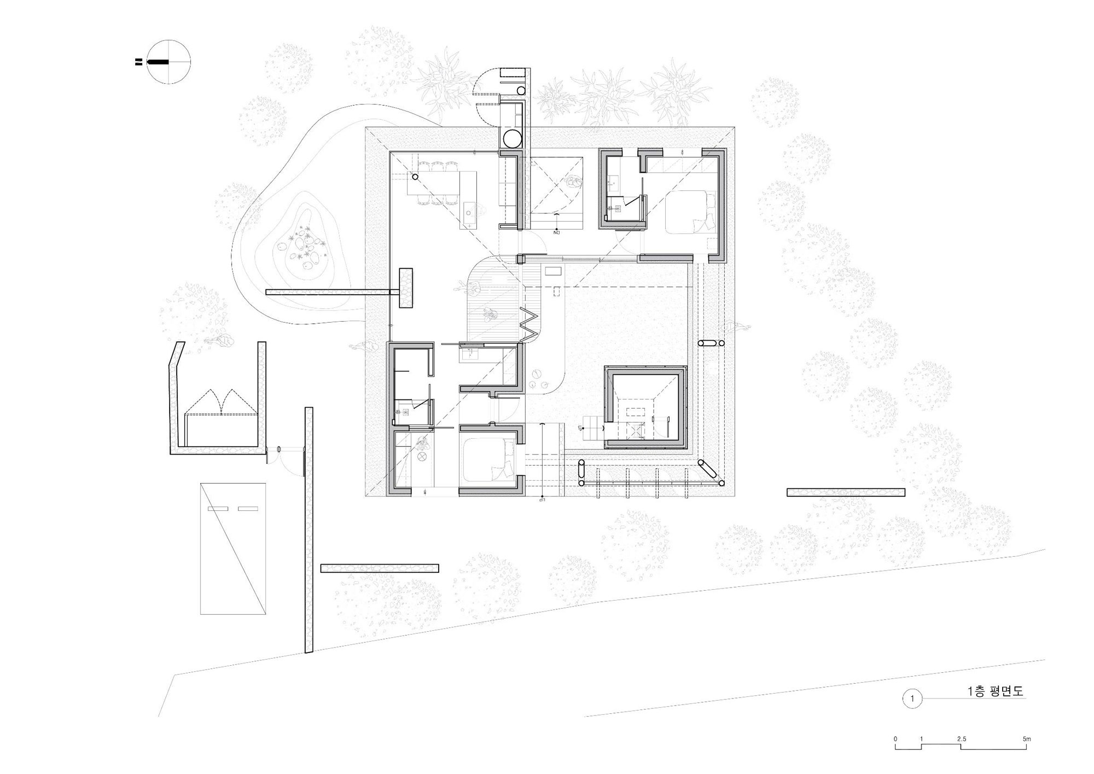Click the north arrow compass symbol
170,62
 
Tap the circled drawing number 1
912,699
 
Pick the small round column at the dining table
415,177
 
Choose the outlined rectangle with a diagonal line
233,548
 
